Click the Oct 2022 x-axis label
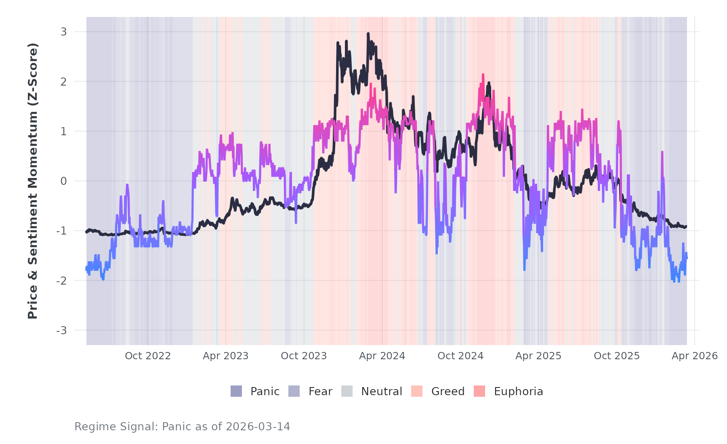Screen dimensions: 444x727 [x=148, y=356]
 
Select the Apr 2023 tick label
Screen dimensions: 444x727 [x=225, y=356]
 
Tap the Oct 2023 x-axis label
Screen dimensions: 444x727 [x=304, y=356]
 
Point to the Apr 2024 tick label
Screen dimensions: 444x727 [x=382, y=356]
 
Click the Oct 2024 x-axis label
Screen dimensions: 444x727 [x=460, y=356]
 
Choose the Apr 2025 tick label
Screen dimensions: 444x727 [x=538, y=356]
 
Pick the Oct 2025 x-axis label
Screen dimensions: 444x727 [x=617, y=356]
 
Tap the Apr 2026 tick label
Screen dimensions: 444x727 [x=695, y=356]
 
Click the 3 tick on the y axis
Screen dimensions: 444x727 [x=64, y=32]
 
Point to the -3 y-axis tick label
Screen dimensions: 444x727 [x=61, y=331]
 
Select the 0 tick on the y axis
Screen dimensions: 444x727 [x=64, y=181]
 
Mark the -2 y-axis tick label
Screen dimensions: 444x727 [x=61, y=281]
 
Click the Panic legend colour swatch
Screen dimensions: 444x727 [x=236, y=392]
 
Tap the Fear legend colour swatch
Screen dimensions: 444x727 [x=294, y=392]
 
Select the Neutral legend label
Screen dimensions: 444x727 [x=381, y=392]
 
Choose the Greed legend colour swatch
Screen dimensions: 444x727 [x=417, y=392]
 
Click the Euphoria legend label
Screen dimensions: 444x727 [x=518, y=392]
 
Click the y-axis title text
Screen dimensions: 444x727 [x=33, y=181]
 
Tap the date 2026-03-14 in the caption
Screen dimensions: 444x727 [x=258, y=427]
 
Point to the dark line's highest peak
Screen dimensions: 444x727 [x=368, y=34]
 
